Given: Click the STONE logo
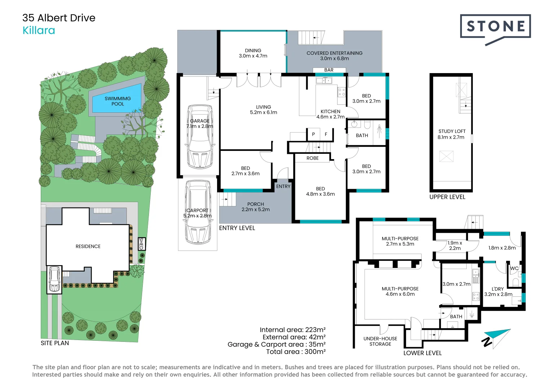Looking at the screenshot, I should point(495,27).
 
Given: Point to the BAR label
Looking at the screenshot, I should point(329,70).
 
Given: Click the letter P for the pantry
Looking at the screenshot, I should point(313,134).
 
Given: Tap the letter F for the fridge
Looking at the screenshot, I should point(326,134).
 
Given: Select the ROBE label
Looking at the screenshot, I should point(312,158).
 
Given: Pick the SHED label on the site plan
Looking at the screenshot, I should point(141,243).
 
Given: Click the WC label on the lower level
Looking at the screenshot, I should point(514,268).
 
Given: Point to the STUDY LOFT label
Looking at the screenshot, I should point(452,131).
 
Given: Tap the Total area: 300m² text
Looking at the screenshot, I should point(296,352).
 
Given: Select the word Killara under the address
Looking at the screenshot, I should point(39,31).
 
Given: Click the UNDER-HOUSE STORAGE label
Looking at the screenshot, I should point(380,341).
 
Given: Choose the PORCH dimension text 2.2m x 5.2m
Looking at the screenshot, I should point(255,210).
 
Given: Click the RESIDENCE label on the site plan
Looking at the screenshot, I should point(88,246).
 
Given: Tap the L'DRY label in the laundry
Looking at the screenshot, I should point(498,289).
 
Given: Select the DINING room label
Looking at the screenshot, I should point(253,51).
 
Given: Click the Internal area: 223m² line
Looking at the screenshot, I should point(292,330).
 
